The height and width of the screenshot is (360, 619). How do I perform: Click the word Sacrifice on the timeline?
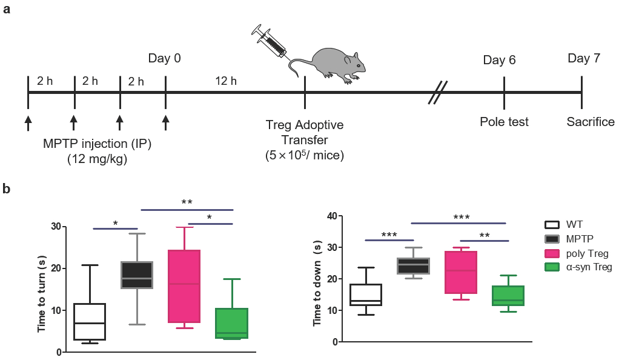pyautogui.click(x=590, y=122)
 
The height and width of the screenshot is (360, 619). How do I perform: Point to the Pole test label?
pyautogui.click(x=504, y=122)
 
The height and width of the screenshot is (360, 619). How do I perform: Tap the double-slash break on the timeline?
pyautogui.click(x=439, y=93)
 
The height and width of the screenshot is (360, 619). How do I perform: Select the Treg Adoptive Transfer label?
pyautogui.click(x=304, y=133)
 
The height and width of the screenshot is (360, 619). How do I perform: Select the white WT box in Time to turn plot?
pyautogui.click(x=88, y=322)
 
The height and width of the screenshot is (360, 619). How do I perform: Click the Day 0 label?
pyautogui.click(x=164, y=59)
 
